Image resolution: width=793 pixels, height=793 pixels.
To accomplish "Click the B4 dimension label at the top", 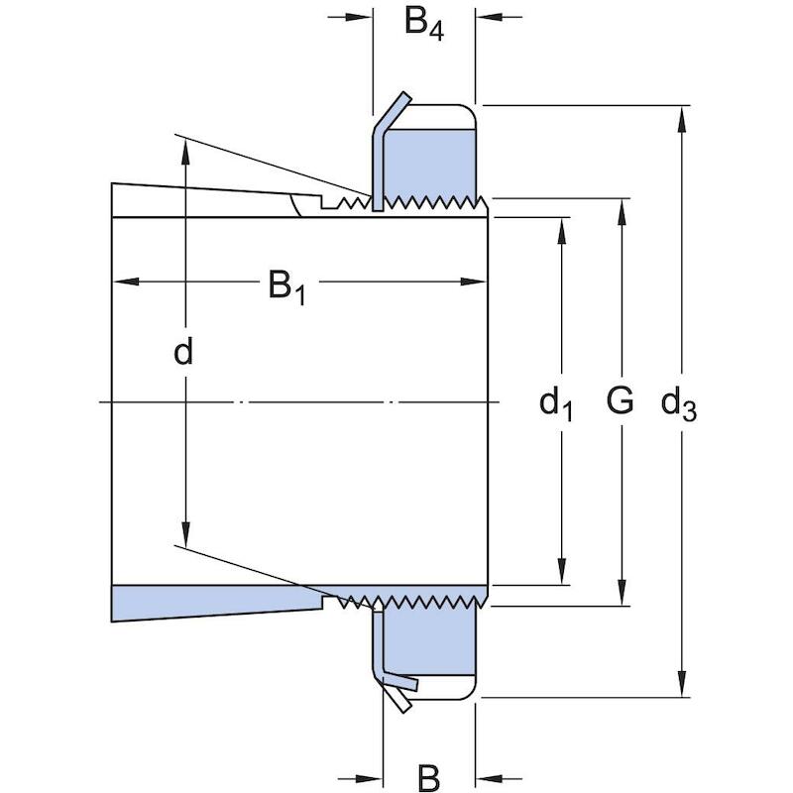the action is point(424,24).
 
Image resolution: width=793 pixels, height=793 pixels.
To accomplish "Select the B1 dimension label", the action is point(286,287).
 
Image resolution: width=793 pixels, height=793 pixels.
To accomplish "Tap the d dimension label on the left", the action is point(183,352).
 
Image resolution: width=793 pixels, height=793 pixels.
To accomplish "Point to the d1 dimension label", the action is point(556,403).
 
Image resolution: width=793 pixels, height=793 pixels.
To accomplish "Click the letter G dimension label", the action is point(621,399).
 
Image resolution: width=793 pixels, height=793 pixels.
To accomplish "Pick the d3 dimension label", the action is point(679,403).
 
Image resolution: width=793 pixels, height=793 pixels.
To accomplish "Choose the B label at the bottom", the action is point(429,778).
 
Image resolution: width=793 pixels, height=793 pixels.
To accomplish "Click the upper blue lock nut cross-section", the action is point(430,163).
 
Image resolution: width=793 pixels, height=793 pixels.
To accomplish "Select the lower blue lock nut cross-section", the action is point(429,640).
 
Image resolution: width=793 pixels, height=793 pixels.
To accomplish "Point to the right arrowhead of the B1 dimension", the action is point(474,282).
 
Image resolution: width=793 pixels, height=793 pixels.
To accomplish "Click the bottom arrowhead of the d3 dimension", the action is point(682,684).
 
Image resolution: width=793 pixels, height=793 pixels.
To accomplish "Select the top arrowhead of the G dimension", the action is point(623,212).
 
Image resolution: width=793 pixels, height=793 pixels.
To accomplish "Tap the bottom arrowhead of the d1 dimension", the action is point(562,572).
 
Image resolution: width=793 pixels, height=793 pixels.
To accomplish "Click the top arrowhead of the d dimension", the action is point(185,151).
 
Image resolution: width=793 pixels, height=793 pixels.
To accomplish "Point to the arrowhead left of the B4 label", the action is point(359,17).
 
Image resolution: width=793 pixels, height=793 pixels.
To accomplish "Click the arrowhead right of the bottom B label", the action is point(491,778).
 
